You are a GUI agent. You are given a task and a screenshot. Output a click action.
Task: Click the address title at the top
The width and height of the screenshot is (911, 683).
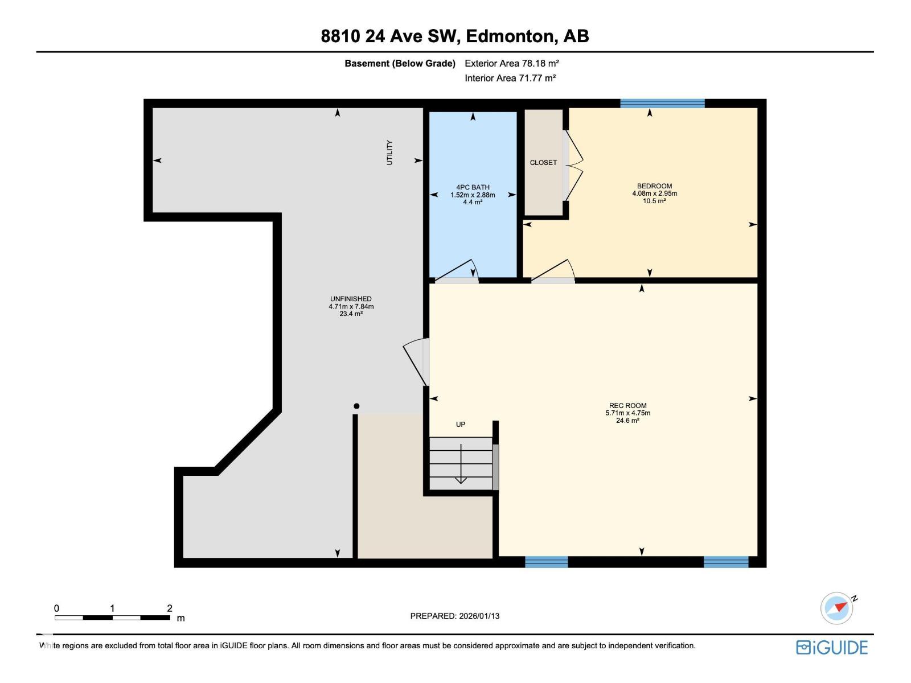(455, 36)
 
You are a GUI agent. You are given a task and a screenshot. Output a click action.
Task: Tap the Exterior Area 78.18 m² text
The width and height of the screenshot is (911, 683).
(511, 63)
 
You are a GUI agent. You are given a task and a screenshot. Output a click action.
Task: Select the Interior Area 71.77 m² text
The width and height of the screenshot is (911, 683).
(510, 78)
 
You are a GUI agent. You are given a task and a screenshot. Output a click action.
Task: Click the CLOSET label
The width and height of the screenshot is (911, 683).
(543, 163)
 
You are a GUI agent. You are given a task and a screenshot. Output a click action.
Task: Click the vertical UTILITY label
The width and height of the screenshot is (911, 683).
(390, 153)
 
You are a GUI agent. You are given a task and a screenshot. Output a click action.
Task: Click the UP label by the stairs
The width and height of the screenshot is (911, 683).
(461, 424)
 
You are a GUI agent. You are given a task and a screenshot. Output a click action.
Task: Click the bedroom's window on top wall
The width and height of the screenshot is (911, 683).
(662, 104)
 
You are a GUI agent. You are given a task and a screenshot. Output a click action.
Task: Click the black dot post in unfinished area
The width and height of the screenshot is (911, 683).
(356, 406)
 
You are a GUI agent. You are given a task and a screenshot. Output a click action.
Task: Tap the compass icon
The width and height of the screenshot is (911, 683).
(837, 608)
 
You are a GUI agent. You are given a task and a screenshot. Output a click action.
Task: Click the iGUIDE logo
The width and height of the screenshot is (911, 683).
(832, 648)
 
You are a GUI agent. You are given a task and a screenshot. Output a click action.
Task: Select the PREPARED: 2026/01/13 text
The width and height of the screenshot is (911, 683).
(454, 616)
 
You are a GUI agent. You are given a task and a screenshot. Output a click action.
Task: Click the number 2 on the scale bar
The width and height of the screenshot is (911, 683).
(170, 608)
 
